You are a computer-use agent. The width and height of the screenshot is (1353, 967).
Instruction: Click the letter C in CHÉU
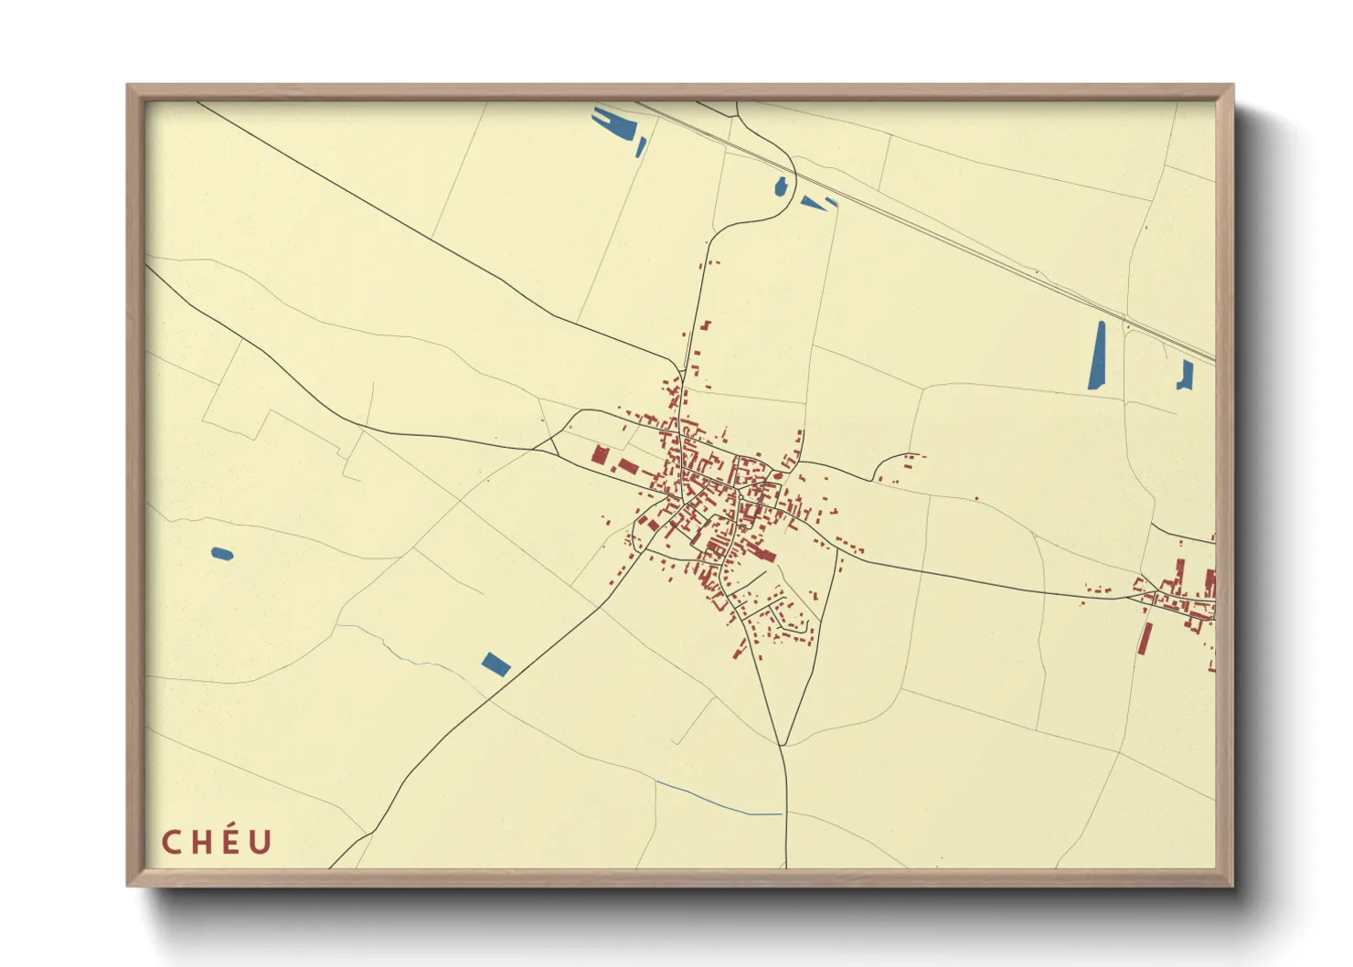click(170, 843)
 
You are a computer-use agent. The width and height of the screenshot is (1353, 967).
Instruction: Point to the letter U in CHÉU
click(261, 843)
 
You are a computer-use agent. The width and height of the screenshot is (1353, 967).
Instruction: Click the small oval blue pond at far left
click(221, 553)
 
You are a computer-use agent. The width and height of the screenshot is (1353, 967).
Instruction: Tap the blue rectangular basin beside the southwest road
click(495, 664)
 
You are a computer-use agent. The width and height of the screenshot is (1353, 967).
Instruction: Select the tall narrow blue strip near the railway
click(1097, 356)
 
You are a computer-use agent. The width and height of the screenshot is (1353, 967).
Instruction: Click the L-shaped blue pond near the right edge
click(1186, 375)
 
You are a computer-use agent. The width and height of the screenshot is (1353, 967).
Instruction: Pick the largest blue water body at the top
click(614, 122)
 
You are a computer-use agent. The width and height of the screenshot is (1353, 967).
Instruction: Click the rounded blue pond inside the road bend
click(781, 187)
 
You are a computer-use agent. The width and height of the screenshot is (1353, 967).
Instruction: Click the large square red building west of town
click(600, 455)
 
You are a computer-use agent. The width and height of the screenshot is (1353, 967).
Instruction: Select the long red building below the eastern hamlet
click(1145, 638)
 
